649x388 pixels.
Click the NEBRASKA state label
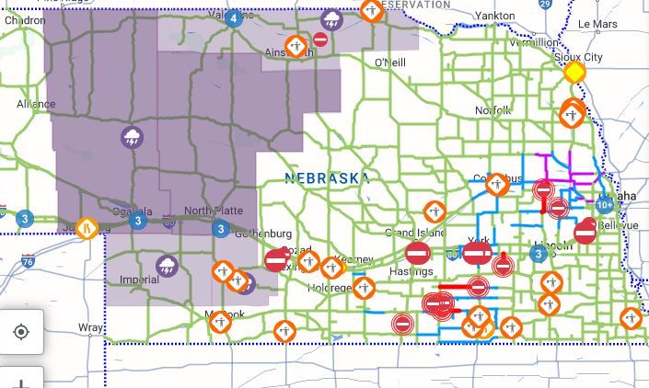point(328,177)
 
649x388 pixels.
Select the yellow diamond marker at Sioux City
point(574,72)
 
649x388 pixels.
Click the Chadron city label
point(23,20)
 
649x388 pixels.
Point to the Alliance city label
point(36,104)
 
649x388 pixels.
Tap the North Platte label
point(213,211)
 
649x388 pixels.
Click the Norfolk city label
point(493,110)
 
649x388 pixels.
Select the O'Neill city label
point(389,62)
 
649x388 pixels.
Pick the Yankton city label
point(495,16)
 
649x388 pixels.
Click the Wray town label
point(90,327)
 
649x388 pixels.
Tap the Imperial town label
point(140,280)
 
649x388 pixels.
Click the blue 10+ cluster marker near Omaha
point(605,205)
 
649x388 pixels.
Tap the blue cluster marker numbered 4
point(234,17)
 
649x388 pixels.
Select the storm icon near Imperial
point(167,267)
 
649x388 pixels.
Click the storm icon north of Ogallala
point(132,138)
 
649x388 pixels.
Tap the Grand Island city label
point(414,233)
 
